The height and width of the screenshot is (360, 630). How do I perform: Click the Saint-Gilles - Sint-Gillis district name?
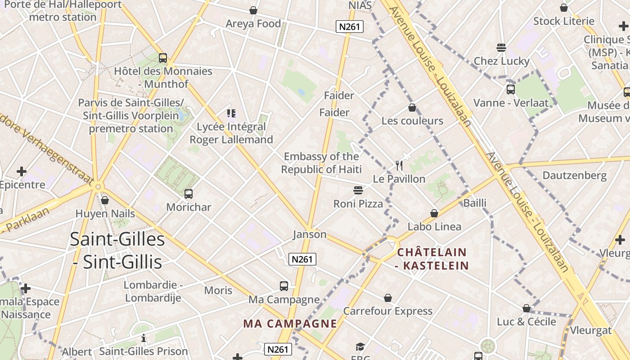pyautogui.click(x=117, y=250)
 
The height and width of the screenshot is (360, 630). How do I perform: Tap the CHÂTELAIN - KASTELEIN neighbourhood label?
pyautogui.click(x=432, y=259)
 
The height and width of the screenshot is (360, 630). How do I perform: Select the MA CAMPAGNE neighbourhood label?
pyautogui.click(x=290, y=324)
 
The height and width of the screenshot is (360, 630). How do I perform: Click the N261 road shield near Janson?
pyautogui.click(x=302, y=259)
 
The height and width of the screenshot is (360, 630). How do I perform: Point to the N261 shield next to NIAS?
pyautogui.click(x=349, y=27)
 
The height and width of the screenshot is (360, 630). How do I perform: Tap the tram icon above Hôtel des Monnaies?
pyautogui.click(x=163, y=58)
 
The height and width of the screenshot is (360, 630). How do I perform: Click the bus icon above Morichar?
pyautogui.click(x=189, y=194)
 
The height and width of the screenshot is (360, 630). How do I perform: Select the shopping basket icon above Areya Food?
pyautogui.click(x=253, y=10)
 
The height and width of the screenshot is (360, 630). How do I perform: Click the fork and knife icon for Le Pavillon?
pyautogui.click(x=399, y=166)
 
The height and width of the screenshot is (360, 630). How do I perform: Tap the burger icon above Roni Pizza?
pyautogui.click(x=358, y=190)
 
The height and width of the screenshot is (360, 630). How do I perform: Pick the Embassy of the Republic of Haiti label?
pyautogui.click(x=321, y=163)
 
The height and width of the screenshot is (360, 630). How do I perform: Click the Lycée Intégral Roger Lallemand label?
pyautogui.click(x=231, y=133)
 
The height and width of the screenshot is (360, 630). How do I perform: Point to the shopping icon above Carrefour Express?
pyautogui.click(x=388, y=298)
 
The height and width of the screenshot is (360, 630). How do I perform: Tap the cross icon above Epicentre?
pyautogui.click(x=21, y=171)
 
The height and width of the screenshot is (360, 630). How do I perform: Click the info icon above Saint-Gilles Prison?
pyautogui.click(x=144, y=338)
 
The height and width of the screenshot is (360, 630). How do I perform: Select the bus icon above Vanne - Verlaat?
pyautogui.click(x=510, y=89)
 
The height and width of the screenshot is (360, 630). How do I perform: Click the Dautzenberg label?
pyautogui.click(x=574, y=175)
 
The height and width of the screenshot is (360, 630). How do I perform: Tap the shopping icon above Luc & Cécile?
pyautogui.click(x=526, y=308)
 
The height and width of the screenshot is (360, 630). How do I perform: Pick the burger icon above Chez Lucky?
pyautogui.click(x=501, y=48)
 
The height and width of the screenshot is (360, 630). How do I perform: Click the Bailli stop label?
pyautogui.click(x=475, y=203)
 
